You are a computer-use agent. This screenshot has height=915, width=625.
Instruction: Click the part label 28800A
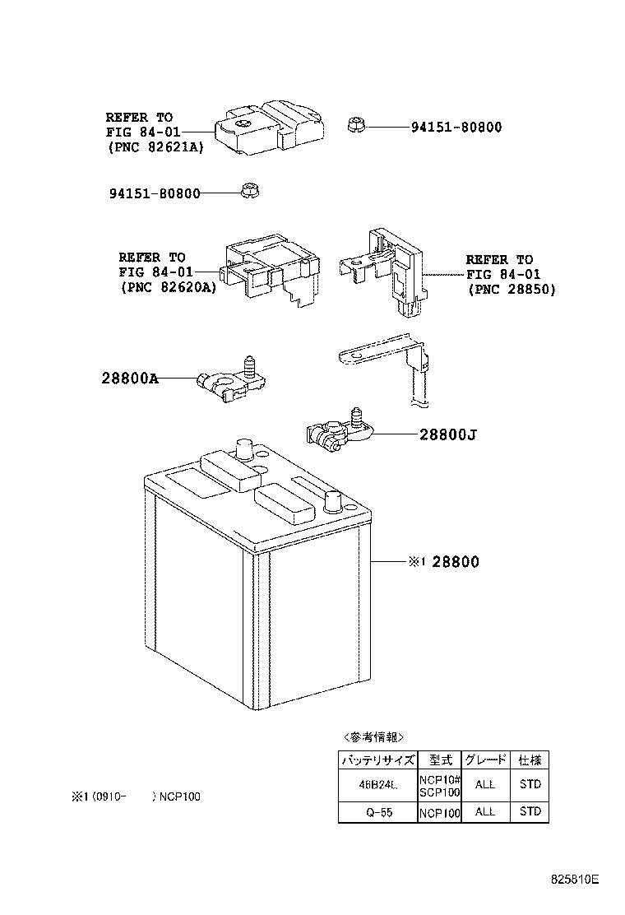(x=131, y=379)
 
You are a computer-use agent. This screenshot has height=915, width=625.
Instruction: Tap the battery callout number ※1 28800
(x=442, y=562)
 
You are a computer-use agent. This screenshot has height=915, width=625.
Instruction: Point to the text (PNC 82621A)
(x=155, y=147)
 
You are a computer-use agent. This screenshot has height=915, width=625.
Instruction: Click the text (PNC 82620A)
(x=168, y=287)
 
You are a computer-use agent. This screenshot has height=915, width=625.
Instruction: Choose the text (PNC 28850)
(x=512, y=290)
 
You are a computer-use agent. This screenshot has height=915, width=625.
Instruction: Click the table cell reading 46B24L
(x=377, y=785)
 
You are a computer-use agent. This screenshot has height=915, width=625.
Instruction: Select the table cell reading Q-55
(x=377, y=811)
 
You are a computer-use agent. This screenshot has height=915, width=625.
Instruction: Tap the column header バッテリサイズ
(x=377, y=760)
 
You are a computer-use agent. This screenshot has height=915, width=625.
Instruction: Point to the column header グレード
(x=486, y=760)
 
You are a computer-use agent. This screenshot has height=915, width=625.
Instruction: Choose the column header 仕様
(x=530, y=760)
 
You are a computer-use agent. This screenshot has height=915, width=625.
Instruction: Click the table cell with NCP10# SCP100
(x=440, y=785)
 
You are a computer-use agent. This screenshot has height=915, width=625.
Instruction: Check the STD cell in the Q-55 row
(x=530, y=811)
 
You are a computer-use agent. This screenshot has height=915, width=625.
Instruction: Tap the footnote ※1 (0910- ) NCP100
(x=136, y=797)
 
